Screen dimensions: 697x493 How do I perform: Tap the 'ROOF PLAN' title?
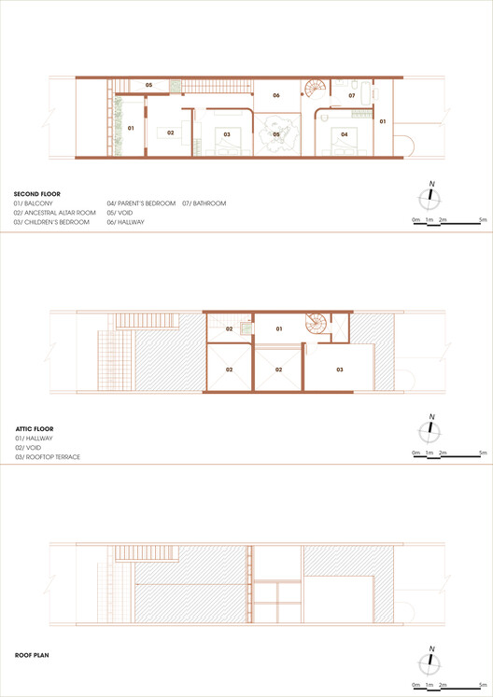coord(31,655)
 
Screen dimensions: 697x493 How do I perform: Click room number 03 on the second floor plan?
coord(227,134)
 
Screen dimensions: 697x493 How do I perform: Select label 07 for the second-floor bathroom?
coord(352,95)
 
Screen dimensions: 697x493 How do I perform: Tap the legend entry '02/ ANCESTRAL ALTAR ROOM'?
coord(54,213)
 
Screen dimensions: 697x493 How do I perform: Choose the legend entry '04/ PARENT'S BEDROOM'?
coord(141,203)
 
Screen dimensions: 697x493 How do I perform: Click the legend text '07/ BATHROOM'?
coord(204,203)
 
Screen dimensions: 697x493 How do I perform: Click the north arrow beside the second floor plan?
coord(430,196)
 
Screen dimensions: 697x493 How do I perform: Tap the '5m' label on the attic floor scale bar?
coord(481,453)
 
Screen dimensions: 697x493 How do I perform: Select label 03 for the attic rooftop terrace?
coord(340,369)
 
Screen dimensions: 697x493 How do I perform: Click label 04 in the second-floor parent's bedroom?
coord(345,134)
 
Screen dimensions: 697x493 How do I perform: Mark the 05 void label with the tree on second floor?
coord(276,134)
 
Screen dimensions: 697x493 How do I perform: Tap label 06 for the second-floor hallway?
coord(276,95)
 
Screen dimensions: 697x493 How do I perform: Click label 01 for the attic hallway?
coord(277,328)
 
